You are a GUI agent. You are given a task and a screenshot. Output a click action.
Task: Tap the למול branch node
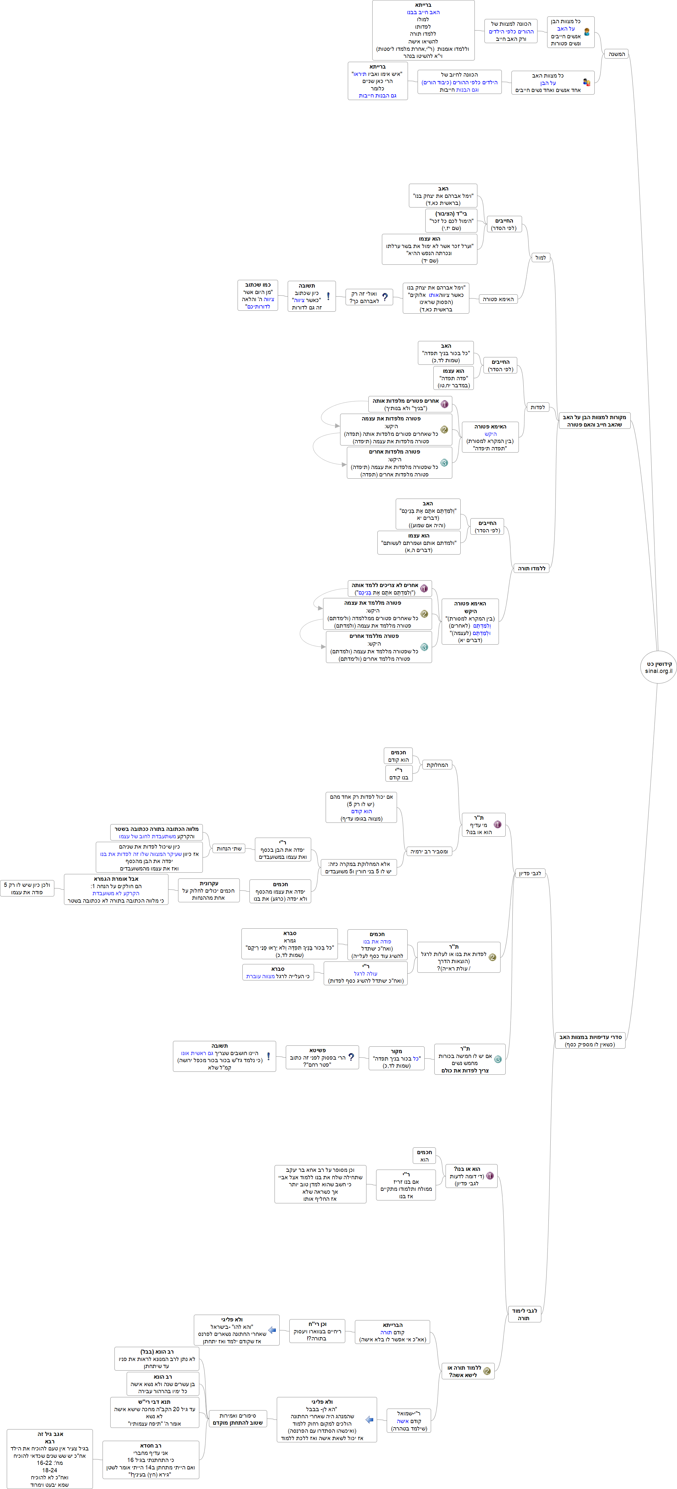coord(540,258)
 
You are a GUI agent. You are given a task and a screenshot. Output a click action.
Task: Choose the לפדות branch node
coord(537,408)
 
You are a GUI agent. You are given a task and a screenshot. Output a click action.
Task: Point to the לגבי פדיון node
coord(530,873)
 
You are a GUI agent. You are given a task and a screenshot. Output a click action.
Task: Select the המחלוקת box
coord(437,765)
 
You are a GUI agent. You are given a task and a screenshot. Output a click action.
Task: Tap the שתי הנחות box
coord(229,849)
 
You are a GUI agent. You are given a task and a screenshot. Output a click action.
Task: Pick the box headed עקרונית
coord(209,891)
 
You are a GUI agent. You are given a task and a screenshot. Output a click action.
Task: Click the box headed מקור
coord(396,1058)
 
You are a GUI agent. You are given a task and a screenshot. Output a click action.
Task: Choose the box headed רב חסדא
coord(151,1459)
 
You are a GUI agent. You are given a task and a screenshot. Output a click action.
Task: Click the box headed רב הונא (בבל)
coord(157,1359)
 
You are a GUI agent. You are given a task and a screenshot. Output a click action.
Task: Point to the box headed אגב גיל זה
coord(50,1458)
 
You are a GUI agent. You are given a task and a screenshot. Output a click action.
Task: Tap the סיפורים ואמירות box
coord(238,1419)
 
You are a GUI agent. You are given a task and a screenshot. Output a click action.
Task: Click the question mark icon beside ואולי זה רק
coord(385,297)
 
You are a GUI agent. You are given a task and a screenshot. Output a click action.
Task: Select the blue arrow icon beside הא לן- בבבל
coord(369,1420)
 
